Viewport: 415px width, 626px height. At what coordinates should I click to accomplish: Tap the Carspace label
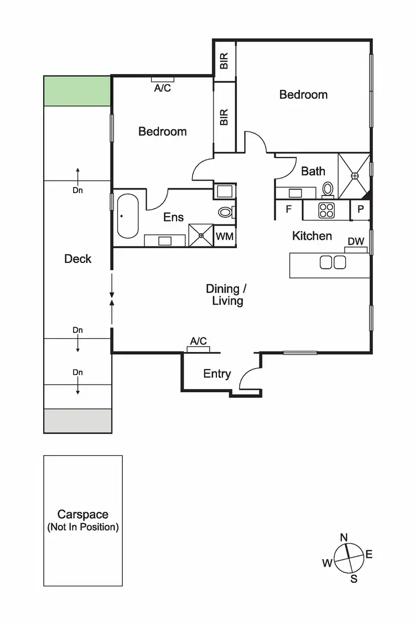coord(83,514)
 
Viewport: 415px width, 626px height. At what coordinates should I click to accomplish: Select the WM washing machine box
coord(224,236)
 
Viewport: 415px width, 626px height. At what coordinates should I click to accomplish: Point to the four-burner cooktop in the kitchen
coord(326,210)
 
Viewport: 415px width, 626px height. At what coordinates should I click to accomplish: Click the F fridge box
coord(288,209)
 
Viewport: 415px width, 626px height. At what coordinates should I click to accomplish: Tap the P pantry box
coord(360,209)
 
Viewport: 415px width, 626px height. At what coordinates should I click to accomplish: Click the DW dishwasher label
coord(356,241)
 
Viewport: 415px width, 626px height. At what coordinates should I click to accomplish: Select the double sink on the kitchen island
coord(333,262)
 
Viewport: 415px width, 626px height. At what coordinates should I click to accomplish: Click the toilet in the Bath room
coord(328,189)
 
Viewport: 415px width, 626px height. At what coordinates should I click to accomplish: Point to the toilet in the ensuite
coord(225,212)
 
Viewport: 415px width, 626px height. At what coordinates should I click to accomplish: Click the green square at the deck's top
coord(77,91)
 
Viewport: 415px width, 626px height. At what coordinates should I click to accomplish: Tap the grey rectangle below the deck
coord(77,421)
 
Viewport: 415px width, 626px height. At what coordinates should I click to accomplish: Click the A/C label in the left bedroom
coord(162,88)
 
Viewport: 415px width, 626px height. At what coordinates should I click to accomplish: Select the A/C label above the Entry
coord(198,341)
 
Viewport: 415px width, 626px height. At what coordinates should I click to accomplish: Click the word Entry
coord(217,374)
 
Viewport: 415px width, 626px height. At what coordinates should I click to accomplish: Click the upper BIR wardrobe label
coord(224,61)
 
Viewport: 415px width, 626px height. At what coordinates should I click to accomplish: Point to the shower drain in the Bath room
coord(355,176)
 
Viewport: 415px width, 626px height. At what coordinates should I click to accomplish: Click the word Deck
coord(77,259)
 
